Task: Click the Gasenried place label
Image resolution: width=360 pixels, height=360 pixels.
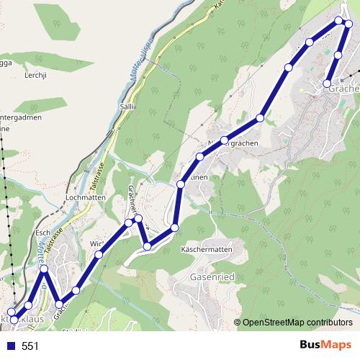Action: tap(210, 276)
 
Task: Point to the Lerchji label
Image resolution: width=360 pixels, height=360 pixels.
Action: tap(37, 75)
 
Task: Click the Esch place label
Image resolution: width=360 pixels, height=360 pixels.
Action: tap(42, 233)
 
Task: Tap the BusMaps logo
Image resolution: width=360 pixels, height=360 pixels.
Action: tap(325, 345)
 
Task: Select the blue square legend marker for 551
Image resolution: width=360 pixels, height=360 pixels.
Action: tap(10, 346)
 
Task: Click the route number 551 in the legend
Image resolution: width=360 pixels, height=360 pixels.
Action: tap(30, 346)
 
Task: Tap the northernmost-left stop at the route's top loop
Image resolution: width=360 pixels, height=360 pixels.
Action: tap(340, 19)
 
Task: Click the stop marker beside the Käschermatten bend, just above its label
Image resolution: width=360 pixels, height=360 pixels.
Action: tap(174, 229)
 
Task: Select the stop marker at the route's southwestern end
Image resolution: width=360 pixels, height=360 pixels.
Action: tap(14, 319)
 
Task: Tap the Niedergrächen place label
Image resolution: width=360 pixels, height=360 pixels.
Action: tap(234, 143)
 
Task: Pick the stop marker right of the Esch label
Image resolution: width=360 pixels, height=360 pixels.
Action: tap(45, 269)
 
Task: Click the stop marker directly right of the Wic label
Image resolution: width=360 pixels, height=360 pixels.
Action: tap(99, 254)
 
